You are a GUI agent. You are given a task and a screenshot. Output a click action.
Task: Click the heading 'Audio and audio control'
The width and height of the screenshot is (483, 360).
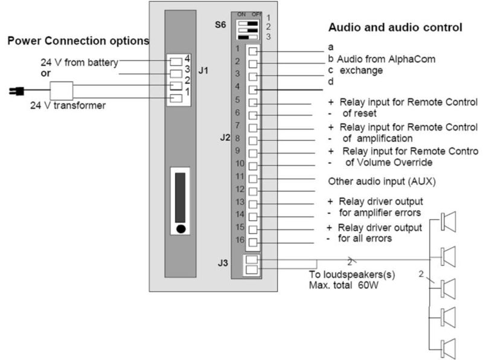(x=395, y=27)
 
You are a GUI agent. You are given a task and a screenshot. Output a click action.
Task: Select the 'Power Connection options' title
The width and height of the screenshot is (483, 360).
(x=78, y=41)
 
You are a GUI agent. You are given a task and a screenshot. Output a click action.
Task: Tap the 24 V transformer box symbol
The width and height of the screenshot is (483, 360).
(x=61, y=91)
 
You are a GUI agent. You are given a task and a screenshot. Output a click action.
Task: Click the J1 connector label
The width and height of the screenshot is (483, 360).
(x=203, y=71)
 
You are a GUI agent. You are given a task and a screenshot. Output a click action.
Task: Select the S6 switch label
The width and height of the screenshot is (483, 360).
(x=220, y=26)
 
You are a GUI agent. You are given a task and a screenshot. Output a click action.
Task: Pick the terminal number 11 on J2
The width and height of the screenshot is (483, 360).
(x=239, y=176)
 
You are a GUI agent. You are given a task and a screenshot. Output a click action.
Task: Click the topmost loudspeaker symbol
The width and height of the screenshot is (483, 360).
(x=449, y=222)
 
